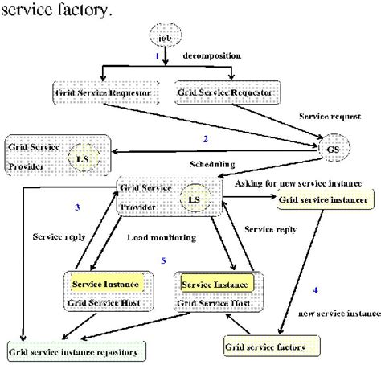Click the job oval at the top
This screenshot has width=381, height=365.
[165, 37]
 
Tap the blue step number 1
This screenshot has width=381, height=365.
[157, 57]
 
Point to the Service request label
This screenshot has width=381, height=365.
[326, 117]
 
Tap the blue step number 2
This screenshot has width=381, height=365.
[205, 139]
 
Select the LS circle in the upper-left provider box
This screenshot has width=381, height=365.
[82, 158]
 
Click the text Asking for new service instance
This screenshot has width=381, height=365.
[299, 183]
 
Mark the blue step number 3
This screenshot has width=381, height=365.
[99, 207]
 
